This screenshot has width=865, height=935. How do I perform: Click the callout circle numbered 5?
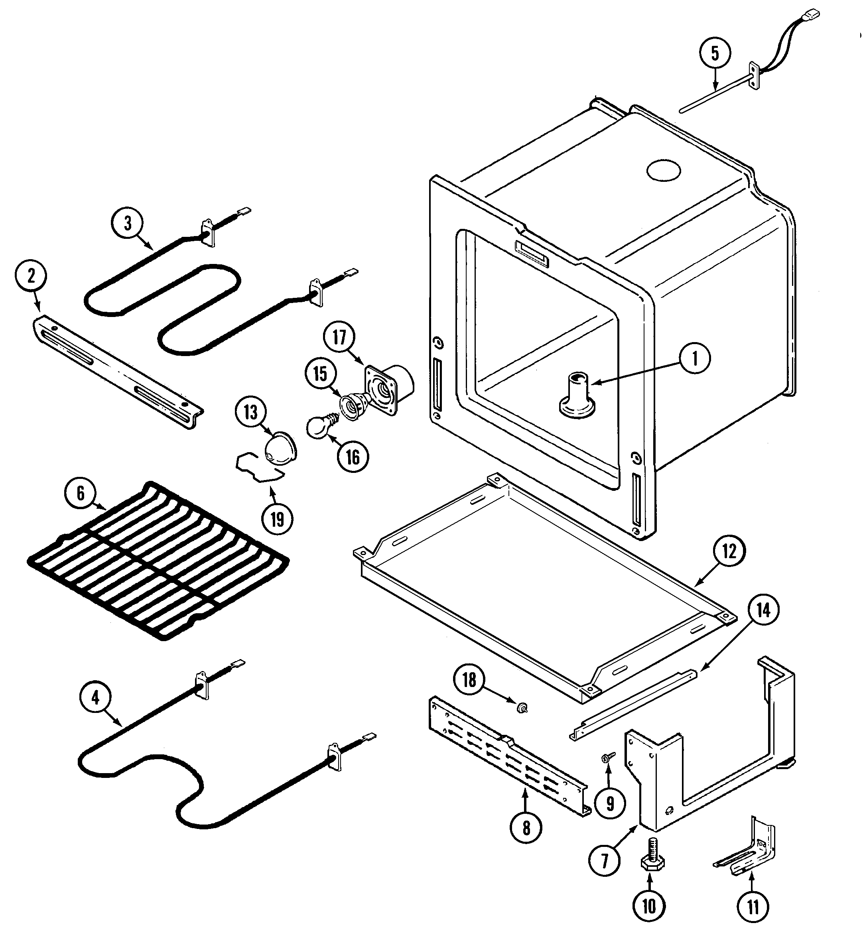[715, 54]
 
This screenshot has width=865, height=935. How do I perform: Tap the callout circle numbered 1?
[695, 358]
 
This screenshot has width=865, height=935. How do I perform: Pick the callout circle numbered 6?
[81, 493]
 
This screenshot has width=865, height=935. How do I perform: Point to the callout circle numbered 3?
[128, 223]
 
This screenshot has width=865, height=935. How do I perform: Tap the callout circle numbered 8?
[526, 828]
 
